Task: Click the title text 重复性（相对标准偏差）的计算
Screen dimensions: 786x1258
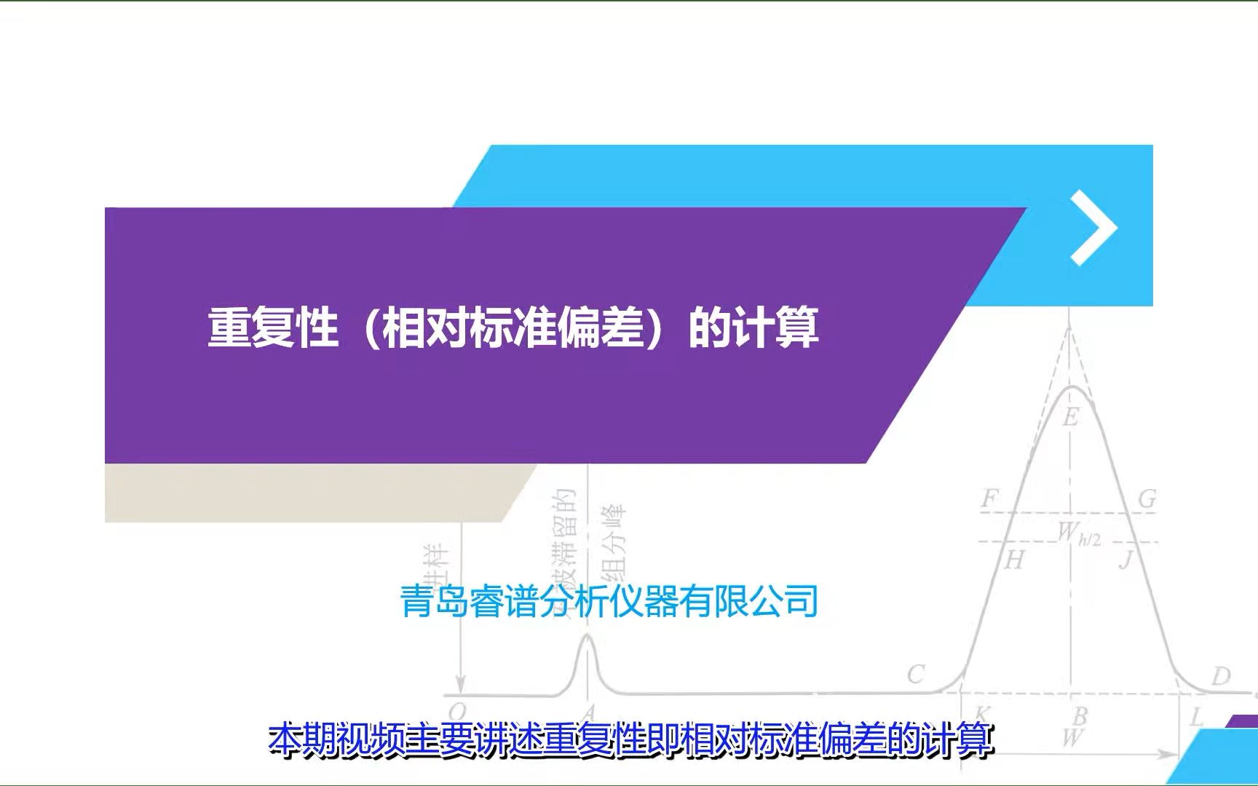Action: (513, 327)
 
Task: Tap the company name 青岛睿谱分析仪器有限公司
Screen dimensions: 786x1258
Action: (609, 602)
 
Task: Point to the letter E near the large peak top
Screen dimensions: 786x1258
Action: (1070, 417)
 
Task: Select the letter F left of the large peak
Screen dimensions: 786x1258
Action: (989, 499)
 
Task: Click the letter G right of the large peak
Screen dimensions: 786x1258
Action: (1147, 499)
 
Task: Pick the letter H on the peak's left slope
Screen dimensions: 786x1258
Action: (1014, 560)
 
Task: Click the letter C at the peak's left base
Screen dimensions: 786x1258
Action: (916, 674)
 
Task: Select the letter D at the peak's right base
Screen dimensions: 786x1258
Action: (1221, 676)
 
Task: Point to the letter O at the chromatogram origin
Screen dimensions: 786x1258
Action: (456, 711)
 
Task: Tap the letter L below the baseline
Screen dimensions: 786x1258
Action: (1196, 717)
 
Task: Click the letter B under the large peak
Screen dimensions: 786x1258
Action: (1080, 716)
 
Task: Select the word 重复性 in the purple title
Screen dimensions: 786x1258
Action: (273, 327)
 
